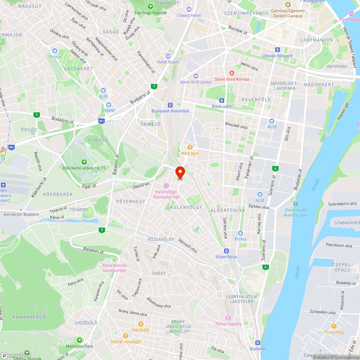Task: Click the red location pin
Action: pyautogui.click(x=180, y=172)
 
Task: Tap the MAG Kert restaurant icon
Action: pyautogui.click(x=190, y=147)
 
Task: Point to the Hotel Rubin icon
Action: pyautogui.click(x=168, y=56)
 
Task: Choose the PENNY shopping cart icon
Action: pyautogui.click(x=109, y=104)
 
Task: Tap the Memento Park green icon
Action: pyautogui.click(x=79, y=340)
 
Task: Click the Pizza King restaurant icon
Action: pyautogui.click(x=334, y=326)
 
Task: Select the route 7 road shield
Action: pyautogui.click(x=102, y=230)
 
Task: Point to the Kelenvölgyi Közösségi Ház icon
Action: pyautogui.click(x=166, y=185)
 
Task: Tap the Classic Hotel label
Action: pyautogui.click(x=189, y=15)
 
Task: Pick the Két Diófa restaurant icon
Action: pyautogui.click(x=140, y=324)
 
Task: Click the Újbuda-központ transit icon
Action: pyautogui.click(x=277, y=50)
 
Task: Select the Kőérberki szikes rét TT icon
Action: pyautogui.click(x=84, y=162)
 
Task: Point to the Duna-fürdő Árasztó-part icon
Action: pyautogui.click(x=296, y=203)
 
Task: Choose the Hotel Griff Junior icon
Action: pyautogui.click(x=195, y=76)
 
